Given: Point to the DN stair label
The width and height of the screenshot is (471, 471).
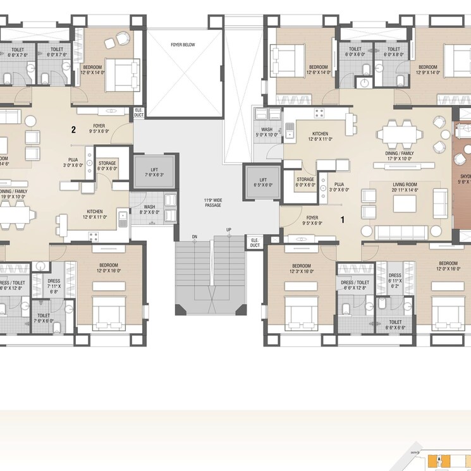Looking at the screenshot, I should pyautogui.click(x=195, y=236).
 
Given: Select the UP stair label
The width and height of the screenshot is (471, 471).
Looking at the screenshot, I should pyautogui.click(x=229, y=229).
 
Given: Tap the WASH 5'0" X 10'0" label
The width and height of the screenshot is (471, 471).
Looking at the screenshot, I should pyautogui.click(x=267, y=132).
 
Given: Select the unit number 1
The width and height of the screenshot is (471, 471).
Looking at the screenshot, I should pyautogui.click(x=342, y=221).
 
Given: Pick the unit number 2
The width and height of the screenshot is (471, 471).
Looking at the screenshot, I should pyautogui.click(x=73, y=130).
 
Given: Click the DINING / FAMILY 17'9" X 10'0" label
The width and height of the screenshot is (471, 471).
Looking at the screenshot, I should pyautogui.click(x=399, y=156).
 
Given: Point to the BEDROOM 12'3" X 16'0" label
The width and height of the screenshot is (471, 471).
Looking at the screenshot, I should pyautogui.click(x=301, y=268).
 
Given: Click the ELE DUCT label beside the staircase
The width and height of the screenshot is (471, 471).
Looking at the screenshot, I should pyautogui.click(x=255, y=243).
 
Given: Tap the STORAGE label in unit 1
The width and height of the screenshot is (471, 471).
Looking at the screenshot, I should pyautogui.click(x=305, y=182).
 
